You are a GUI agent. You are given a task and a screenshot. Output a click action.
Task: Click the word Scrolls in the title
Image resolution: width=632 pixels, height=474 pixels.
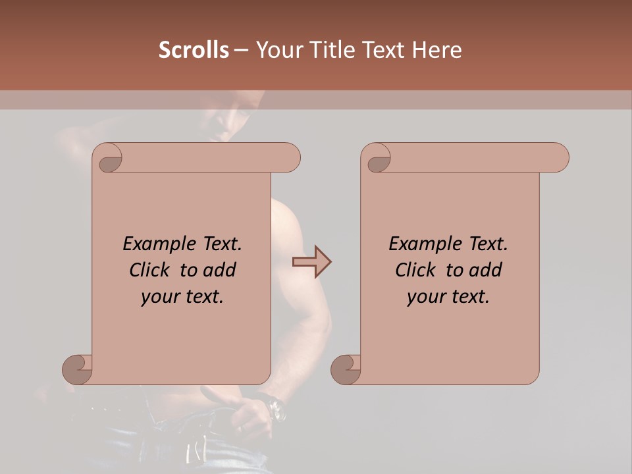[x=194, y=50]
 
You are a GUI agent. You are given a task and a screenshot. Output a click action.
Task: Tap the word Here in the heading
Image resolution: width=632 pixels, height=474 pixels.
[x=436, y=50]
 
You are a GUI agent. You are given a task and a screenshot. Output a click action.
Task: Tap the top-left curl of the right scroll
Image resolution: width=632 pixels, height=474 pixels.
[x=379, y=159]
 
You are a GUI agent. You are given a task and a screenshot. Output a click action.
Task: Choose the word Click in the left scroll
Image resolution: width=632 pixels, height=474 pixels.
[x=150, y=270]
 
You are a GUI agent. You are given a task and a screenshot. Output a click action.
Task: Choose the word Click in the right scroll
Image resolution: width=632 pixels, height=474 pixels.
[x=416, y=270]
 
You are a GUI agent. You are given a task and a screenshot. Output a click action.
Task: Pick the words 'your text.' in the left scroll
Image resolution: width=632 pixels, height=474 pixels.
[x=182, y=297]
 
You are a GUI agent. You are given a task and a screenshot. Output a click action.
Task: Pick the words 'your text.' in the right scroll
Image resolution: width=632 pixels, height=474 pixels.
[x=448, y=297]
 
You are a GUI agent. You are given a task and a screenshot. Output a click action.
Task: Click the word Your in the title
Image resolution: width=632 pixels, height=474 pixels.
[x=278, y=50]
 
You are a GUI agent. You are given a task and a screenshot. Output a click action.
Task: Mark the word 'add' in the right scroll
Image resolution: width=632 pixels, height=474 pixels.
[x=486, y=270]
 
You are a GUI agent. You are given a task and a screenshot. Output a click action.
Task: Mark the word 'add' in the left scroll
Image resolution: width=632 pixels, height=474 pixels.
[x=220, y=270]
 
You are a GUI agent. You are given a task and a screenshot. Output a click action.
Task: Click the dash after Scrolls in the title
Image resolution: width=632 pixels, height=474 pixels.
[x=241, y=50]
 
